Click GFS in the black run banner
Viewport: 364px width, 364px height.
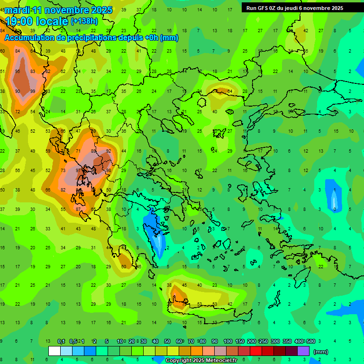(x=264, y=8)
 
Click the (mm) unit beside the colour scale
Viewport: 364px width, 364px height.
(x=321, y=352)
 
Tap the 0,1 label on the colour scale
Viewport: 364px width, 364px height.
(x=61, y=341)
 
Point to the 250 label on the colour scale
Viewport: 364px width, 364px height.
(x=263, y=341)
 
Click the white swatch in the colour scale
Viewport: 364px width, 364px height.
(x=55, y=351)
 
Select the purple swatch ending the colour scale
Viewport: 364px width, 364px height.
(x=303, y=351)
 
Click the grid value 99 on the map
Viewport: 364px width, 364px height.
(x=33, y=91)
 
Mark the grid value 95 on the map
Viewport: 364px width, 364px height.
(x=18, y=72)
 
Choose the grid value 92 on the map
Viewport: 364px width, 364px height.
(x=109, y=151)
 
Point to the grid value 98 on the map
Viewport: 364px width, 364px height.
(x=109, y=170)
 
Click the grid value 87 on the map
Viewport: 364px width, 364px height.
(x=78, y=209)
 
